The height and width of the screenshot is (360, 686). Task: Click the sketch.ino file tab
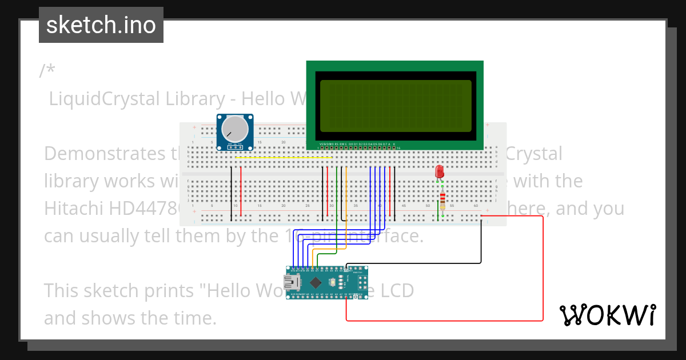point(101,25)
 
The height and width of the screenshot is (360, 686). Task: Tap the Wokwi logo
point(607,315)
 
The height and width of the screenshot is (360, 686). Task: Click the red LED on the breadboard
point(440,171)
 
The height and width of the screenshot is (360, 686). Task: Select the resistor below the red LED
point(442,199)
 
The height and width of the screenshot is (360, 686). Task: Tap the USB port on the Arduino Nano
point(296,282)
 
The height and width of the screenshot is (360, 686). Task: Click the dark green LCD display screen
point(396,106)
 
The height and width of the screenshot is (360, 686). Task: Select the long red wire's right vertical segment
point(543,269)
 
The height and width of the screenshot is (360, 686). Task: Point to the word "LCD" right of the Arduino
point(397,290)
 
